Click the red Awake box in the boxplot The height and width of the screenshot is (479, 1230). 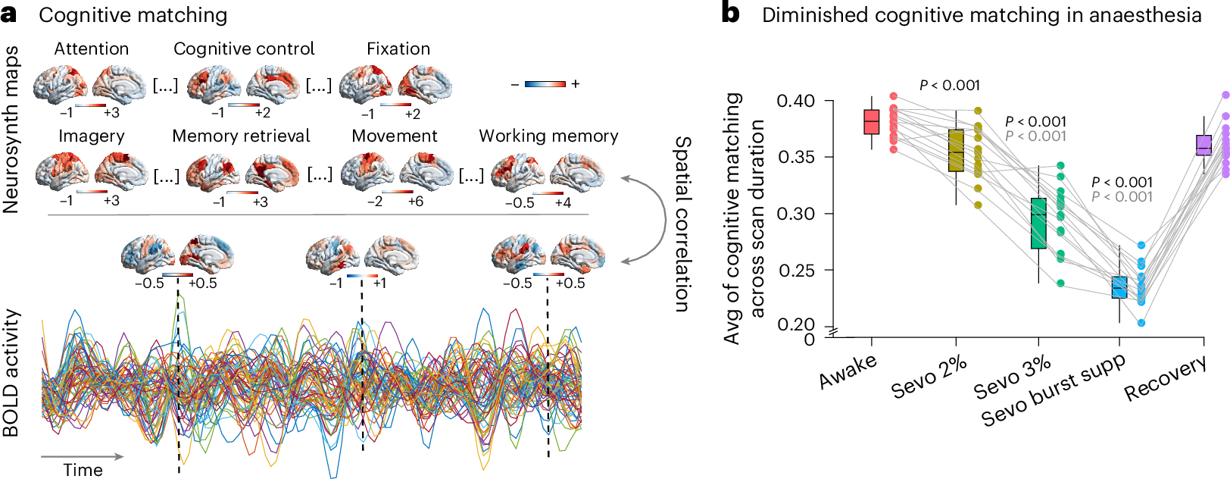point(872,122)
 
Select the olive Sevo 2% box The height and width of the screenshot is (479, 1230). point(956,150)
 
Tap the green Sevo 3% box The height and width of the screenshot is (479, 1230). point(1038,223)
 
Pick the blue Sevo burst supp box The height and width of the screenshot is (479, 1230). point(1119,287)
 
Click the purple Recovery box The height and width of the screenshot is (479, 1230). point(1203,145)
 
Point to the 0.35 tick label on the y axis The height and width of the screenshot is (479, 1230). point(795,158)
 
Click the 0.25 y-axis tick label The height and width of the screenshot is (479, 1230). point(795,271)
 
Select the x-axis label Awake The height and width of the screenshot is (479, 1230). point(848,371)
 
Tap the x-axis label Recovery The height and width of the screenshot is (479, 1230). point(1165,378)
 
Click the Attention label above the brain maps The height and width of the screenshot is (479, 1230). point(92,49)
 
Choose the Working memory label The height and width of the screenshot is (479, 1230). point(548,136)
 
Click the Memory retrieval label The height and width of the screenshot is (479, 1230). point(241,136)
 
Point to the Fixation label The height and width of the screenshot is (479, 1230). point(398,49)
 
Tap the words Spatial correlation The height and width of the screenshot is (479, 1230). point(682,224)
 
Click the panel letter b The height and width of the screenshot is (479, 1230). point(730,14)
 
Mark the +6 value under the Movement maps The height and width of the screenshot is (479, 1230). point(415,202)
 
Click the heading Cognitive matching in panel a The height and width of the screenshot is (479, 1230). point(133,15)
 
